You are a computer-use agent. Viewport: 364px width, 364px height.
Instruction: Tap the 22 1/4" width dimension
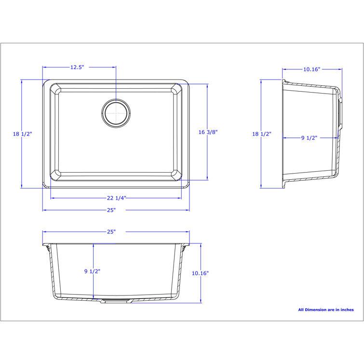117,198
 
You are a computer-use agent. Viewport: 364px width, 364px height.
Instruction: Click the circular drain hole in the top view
116,114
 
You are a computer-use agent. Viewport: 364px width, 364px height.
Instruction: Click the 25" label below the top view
111,210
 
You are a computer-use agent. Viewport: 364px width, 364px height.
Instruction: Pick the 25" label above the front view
111,231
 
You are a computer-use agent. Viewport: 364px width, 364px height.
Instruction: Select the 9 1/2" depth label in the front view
92,271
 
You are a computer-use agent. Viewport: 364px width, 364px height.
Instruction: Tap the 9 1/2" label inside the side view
309,138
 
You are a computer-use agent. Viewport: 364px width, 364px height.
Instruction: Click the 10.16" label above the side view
311,69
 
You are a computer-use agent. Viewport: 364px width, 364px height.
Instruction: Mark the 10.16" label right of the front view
200,273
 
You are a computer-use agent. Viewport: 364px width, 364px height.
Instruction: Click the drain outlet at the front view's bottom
115,300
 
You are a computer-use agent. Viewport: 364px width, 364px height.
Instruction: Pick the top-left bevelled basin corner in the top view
55,90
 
